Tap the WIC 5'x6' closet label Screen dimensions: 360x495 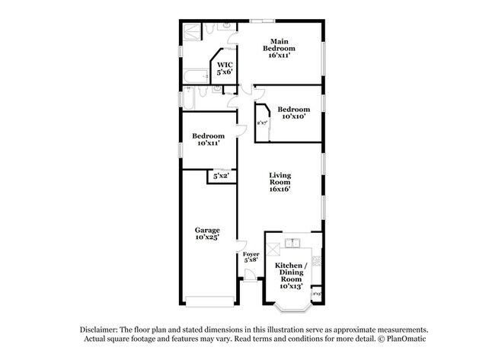coord(224,68)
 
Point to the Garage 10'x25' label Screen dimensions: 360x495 coord(207,234)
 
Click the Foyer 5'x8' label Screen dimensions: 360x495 coord(251,256)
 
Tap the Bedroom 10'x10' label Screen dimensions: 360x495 coord(293,113)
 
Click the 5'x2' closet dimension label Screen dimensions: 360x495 coord(221,176)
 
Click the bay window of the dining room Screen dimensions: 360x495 coord(293,308)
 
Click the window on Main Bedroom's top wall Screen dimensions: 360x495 coord(263,20)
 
